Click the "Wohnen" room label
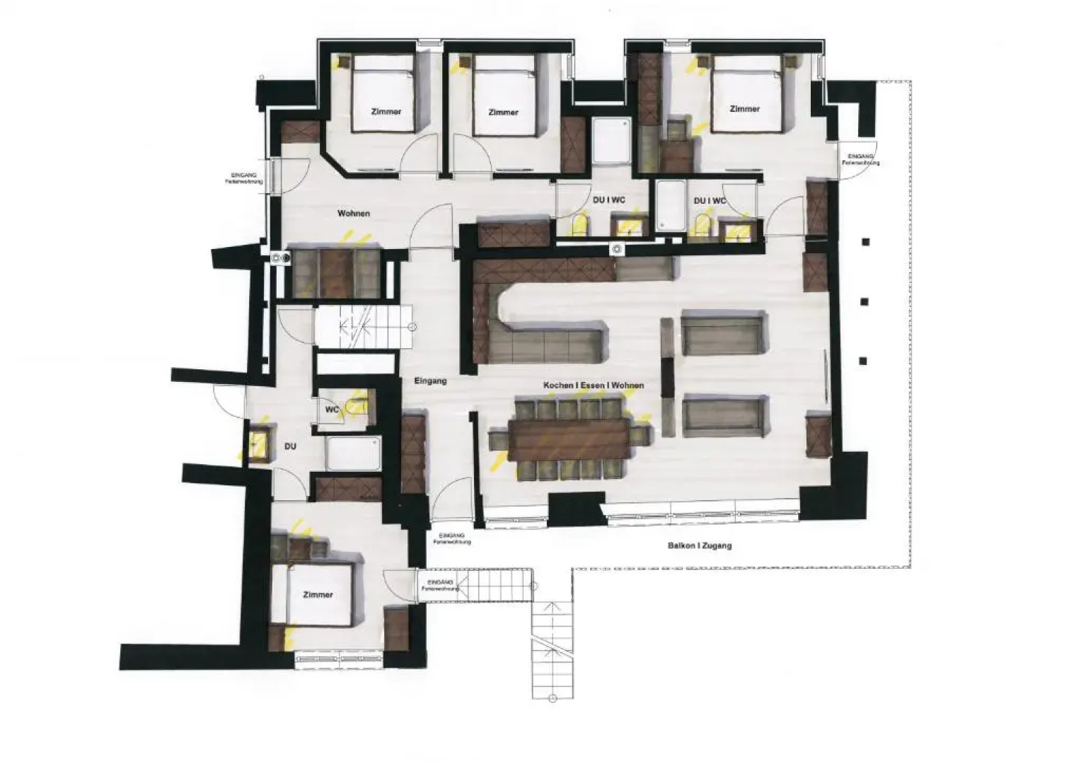point(353,213)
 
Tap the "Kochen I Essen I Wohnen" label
point(593,386)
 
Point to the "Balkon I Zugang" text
point(699,545)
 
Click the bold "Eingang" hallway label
point(430,381)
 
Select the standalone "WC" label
point(332,410)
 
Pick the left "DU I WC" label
point(609,200)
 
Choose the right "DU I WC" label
point(710,201)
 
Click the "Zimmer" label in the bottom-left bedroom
point(318,595)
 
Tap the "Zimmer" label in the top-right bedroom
point(744,109)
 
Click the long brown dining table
point(569,439)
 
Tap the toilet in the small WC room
point(359,405)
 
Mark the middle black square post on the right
point(863,301)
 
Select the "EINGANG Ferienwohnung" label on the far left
point(245,178)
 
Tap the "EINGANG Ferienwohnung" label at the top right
point(860,159)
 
